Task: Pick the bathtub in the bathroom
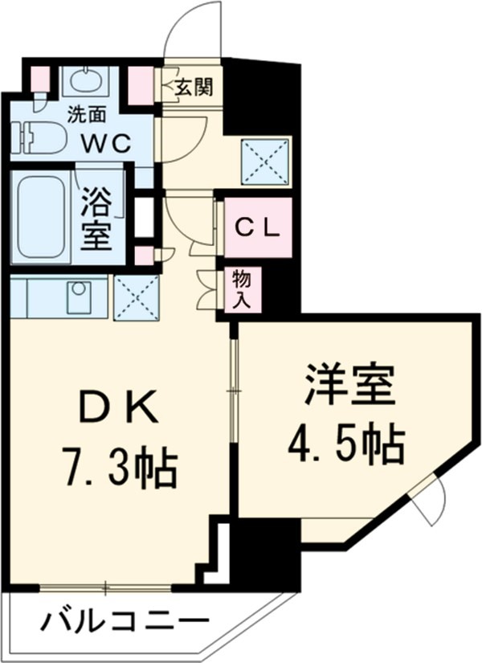point(41,216)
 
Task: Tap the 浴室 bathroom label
point(98,217)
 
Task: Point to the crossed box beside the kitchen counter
point(136,297)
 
